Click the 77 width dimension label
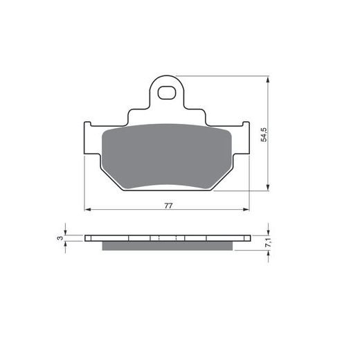168,206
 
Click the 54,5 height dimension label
264,135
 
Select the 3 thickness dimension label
60,238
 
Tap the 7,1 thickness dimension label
269,242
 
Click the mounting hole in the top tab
165,93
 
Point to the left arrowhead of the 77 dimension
87,209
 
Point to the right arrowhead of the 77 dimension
246,209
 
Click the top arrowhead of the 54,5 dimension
268,80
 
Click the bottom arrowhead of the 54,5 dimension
268,188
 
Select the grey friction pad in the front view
167,156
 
